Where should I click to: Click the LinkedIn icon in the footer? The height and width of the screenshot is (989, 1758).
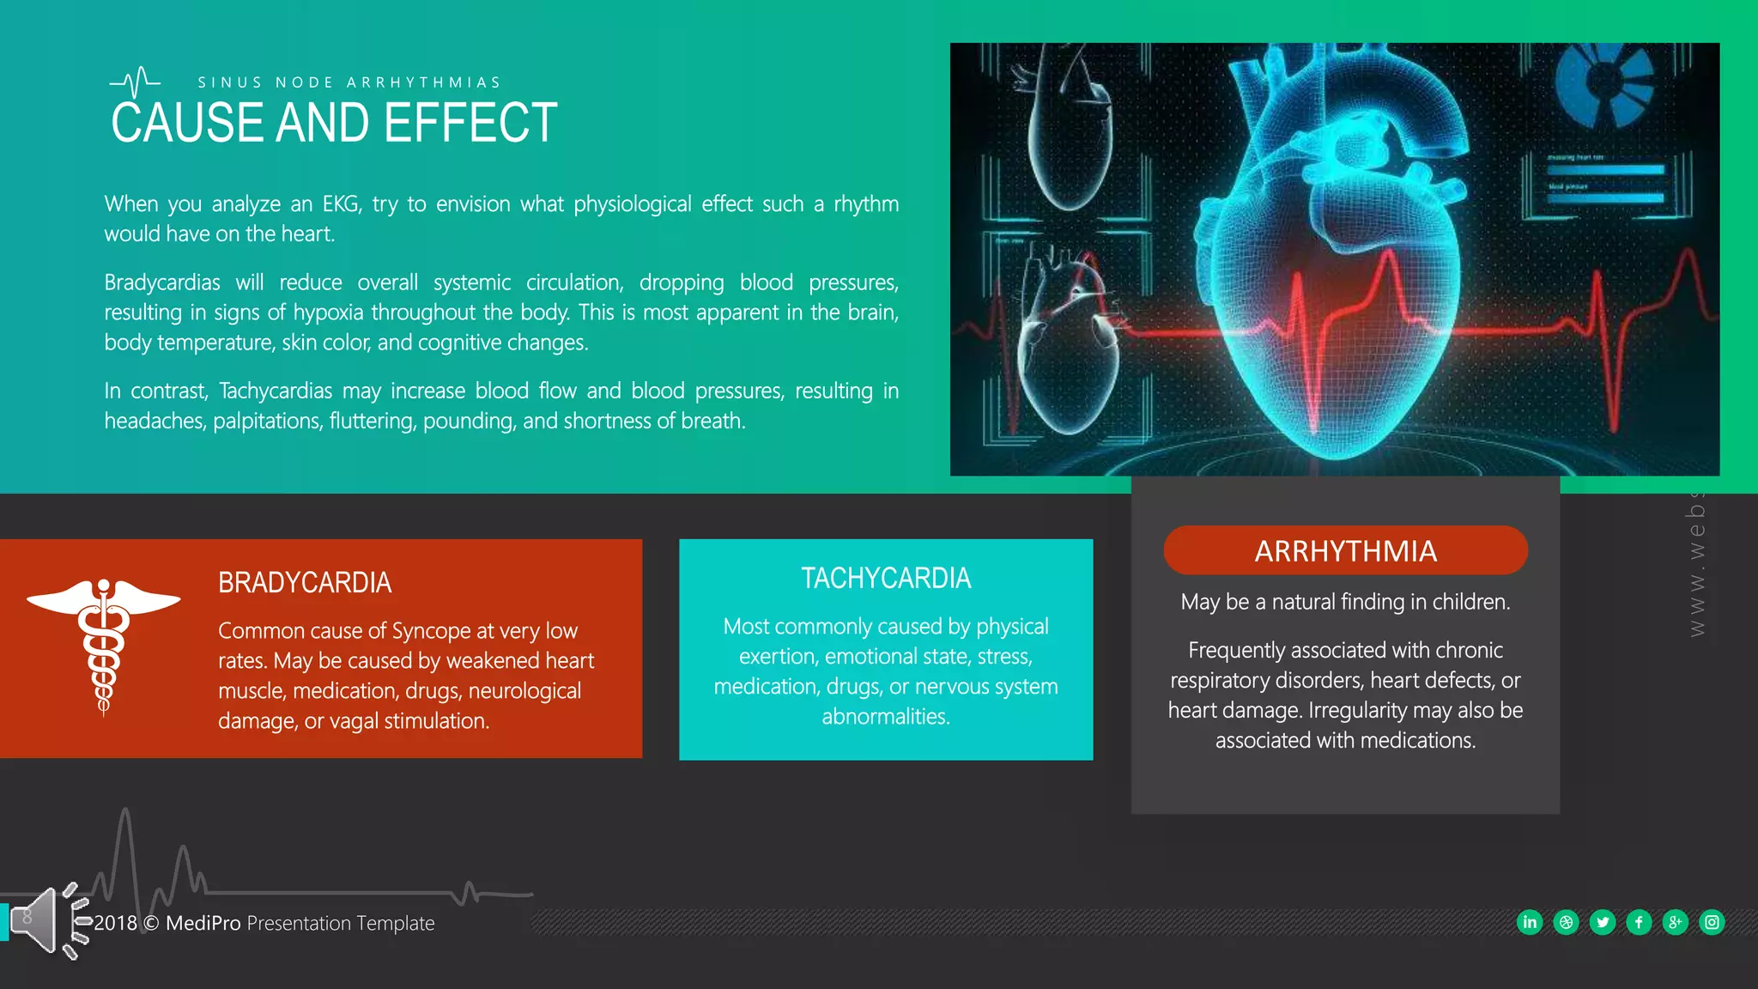click(1530, 922)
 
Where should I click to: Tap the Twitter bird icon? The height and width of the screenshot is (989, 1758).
click(1603, 922)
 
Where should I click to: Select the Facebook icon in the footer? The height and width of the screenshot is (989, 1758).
click(1639, 922)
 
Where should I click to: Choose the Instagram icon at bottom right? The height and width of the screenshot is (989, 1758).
click(1712, 922)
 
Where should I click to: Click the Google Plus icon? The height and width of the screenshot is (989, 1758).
click(1675, 922)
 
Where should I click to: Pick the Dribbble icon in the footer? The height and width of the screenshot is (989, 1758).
click(1566, 922)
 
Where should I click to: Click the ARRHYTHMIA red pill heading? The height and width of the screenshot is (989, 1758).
click(1345, 550)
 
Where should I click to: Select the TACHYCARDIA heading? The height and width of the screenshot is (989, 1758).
click(886, 579)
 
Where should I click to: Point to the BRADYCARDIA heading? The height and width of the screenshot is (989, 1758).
click(305, 583)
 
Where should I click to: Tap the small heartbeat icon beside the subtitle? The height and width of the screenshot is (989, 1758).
click(136, 82)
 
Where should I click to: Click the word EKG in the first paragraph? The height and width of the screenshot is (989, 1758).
click(341, 204)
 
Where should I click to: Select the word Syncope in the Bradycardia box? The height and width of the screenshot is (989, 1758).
click(431, 631)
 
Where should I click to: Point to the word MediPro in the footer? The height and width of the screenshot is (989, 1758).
click(203, 923)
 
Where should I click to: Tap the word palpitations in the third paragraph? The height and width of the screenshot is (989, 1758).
click(267, 422)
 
